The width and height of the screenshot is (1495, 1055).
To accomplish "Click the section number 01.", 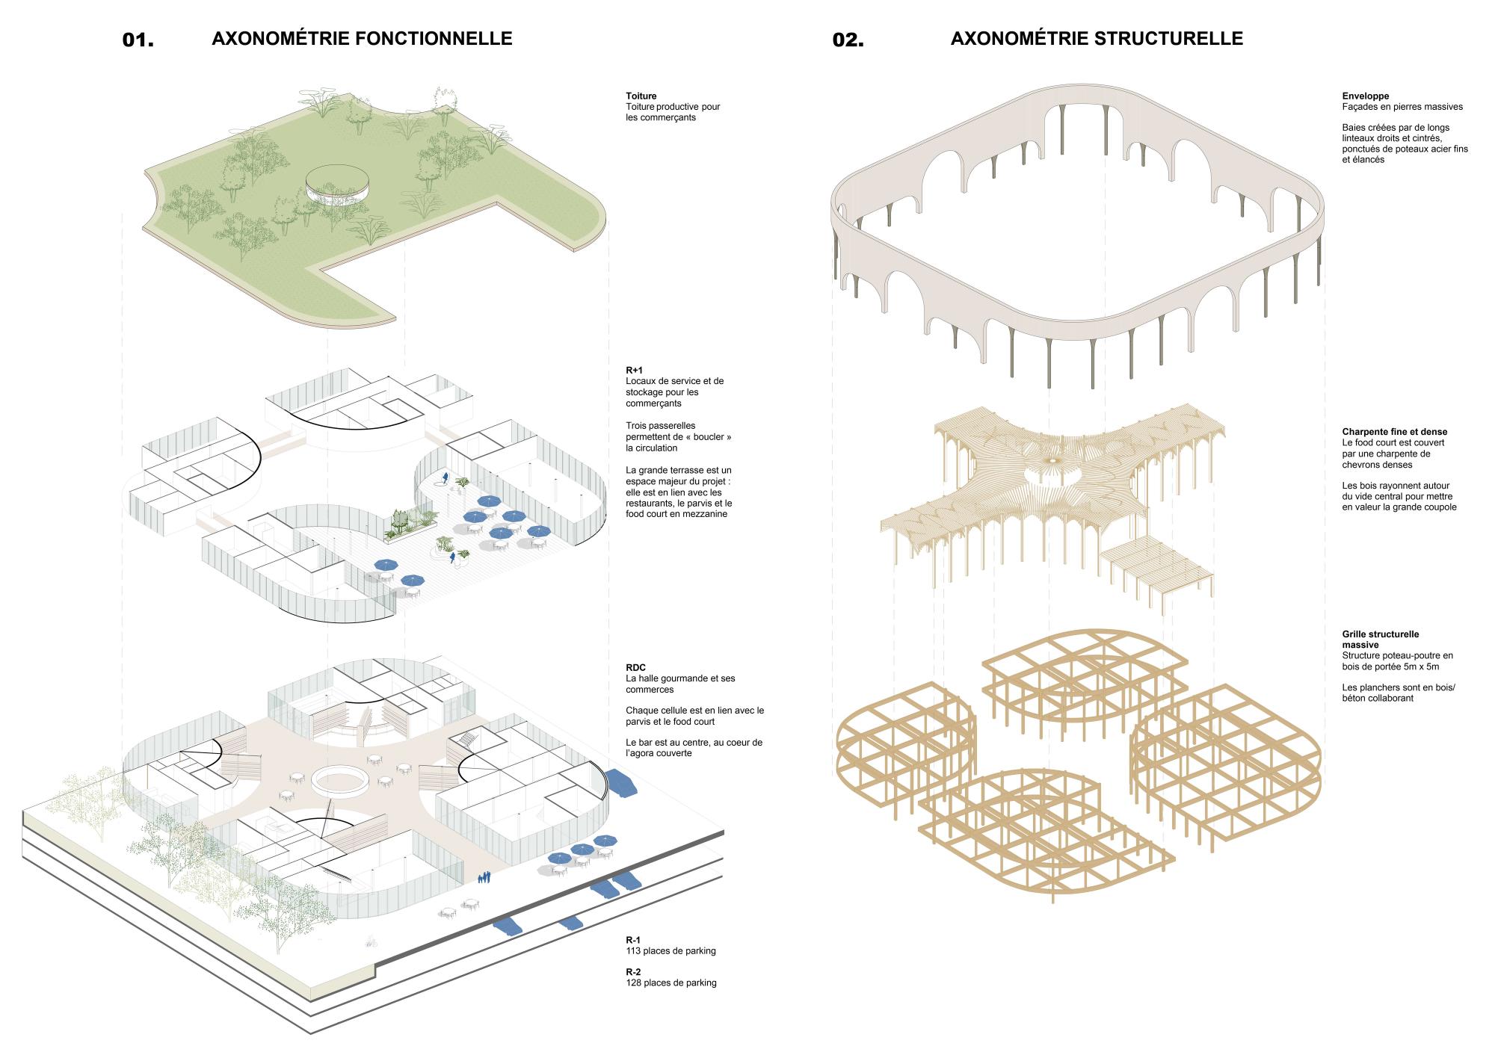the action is click(x=138, y=40).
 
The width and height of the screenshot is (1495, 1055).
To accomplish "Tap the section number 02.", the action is click(x=848, y=40).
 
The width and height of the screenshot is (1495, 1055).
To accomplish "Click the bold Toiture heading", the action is click(x=641, y=96).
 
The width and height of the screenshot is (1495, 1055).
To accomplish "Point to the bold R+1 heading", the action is click(x=635, y=371).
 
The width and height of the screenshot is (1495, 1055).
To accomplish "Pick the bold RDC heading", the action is click(x=636, y=668).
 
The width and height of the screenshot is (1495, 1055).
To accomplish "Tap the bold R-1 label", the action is click(x=634, y=940).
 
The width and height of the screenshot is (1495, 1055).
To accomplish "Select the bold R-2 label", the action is click(x=634, y=971).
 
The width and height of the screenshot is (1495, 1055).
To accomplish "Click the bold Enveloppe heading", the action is click(x=1366, y=96).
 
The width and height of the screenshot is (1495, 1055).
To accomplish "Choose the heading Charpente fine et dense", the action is click(x=1395, y=432).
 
